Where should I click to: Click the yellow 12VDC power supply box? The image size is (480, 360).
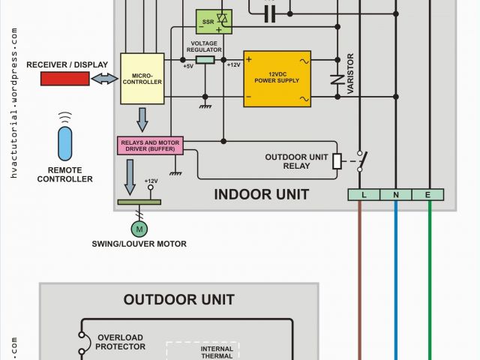[277, 78]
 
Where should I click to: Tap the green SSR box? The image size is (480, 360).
[214, 22]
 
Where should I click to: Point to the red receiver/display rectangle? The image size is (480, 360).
[65, 78]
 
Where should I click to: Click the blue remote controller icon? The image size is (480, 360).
[66, 142]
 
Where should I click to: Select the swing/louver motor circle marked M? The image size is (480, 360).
[139, 228]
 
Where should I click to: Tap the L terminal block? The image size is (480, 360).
[364, 195]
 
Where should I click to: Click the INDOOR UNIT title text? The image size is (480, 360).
[261, 195]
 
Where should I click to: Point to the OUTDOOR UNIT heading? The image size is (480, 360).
[179, 300]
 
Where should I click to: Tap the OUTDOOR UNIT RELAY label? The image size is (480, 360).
[296, 161]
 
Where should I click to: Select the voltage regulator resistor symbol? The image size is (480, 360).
[205, 58]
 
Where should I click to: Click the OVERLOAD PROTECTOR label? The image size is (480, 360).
[119, 342]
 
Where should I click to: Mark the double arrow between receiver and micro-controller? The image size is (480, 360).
[104, 78]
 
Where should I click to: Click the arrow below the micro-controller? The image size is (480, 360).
[142, 118]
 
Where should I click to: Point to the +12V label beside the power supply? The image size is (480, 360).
[233, 65]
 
